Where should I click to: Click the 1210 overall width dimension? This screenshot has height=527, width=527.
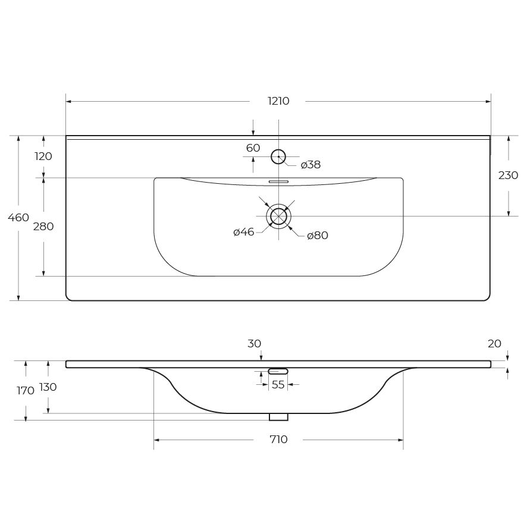click(278, 101)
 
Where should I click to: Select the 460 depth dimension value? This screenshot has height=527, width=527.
click(18, 218)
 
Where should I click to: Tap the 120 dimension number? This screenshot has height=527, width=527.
click(43, 156)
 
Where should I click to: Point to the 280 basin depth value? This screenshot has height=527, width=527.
click(43, 227)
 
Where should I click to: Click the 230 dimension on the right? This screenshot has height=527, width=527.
click(508, 175)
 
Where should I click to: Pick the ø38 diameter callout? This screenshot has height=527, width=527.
click(310, 165)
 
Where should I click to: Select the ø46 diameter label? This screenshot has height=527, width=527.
click(244, 232)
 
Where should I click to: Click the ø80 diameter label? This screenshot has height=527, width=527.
click(318, 236)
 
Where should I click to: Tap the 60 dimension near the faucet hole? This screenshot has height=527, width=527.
click(253, 148)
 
